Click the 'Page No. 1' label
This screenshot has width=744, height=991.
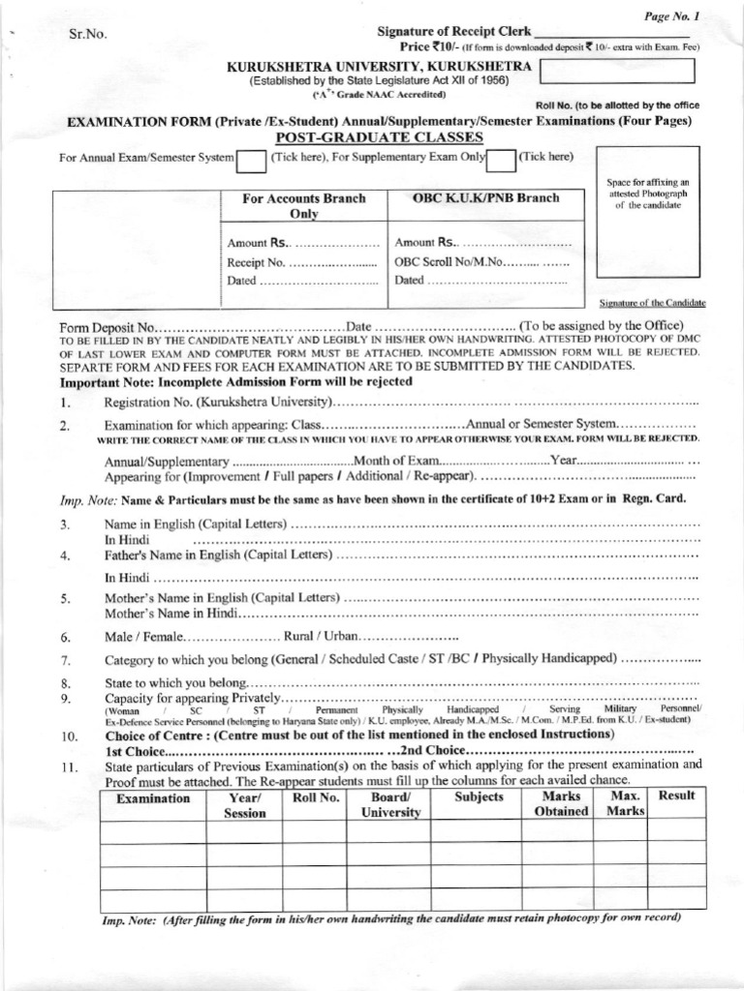671,16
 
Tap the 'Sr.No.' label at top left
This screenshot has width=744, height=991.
88,35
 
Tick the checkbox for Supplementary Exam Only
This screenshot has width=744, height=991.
501,159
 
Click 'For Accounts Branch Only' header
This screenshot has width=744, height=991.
303,205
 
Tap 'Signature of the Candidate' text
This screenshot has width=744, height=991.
652,303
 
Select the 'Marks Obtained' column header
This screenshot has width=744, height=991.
561,803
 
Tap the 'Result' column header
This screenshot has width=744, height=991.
676,796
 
